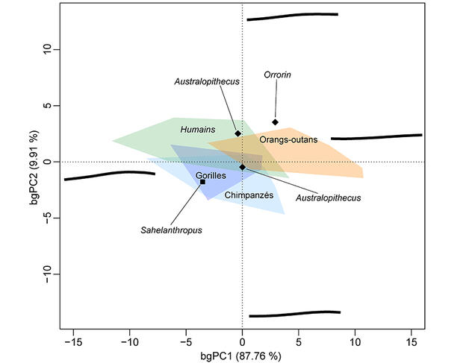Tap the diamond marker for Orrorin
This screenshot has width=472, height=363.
(x=276, y=122)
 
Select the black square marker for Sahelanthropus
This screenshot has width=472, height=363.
(x=202, y=182)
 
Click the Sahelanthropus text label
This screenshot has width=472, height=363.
(x=171, y=230)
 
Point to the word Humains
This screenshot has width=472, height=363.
(x=198, y=130)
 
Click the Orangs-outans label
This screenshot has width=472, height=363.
(x=289, y=139)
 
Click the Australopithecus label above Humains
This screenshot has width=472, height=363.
(x=207, y=82)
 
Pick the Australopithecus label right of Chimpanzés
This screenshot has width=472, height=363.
(x=328, y=198)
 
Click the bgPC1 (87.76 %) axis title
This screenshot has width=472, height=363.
(x=241, y=356)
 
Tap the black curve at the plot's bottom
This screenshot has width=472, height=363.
(x=294, y=314)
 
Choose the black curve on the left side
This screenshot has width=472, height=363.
(x=109, y=175)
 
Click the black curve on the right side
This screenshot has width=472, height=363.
(x=376, y=137)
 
